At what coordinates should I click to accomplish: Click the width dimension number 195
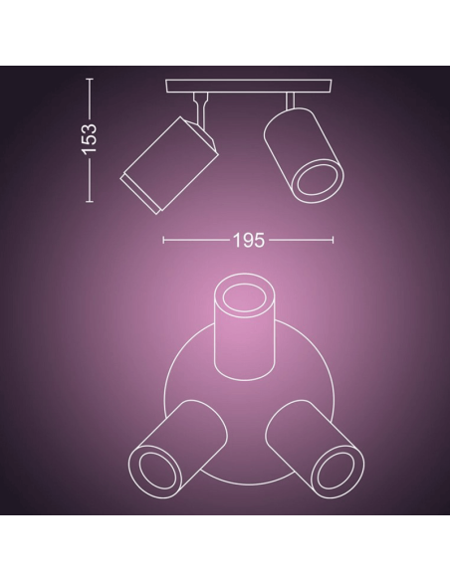click(248, 240)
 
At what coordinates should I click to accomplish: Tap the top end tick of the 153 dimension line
click(90, 81)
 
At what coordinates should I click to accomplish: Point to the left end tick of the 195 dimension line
click(164, 240)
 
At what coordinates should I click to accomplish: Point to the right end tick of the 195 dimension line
click(334, 240)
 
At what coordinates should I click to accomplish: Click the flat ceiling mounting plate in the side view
click(249, 87)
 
